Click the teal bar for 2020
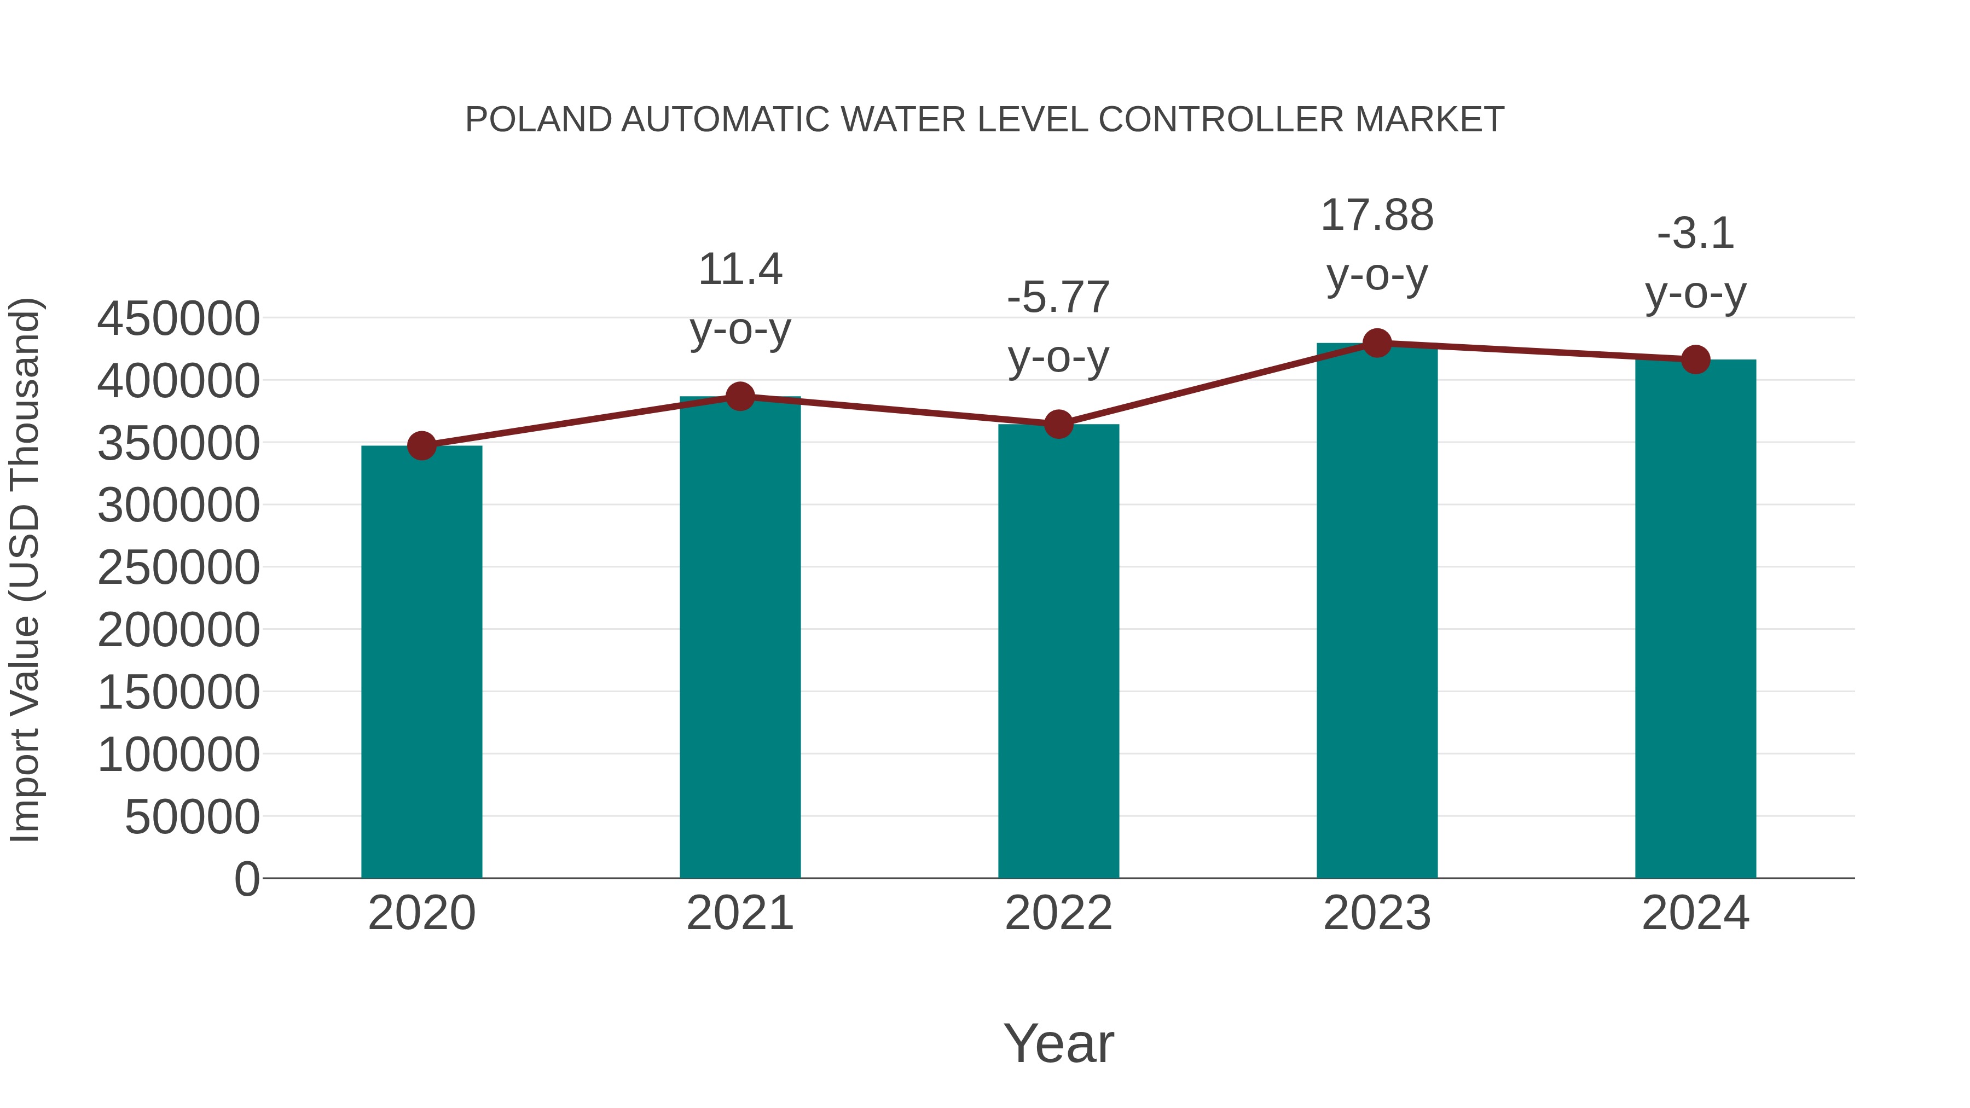[421, 662]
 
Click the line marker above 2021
[739, 396]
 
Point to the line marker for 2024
[1695, 359]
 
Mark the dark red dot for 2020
[421, 446]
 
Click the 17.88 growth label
[1377, 216]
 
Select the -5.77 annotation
[1058, 298]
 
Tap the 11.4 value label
[739, 270]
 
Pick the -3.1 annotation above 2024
[1695, 234]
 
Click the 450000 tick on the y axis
[178, 319]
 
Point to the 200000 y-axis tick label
[178, 631]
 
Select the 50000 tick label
[192, 817]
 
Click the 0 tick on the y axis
[247, 879]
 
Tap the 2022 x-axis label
[1058, 914]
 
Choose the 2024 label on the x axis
[1695, 914]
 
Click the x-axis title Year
[1058, 1044]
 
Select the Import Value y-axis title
[25, 570]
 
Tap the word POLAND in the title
[538, 120]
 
